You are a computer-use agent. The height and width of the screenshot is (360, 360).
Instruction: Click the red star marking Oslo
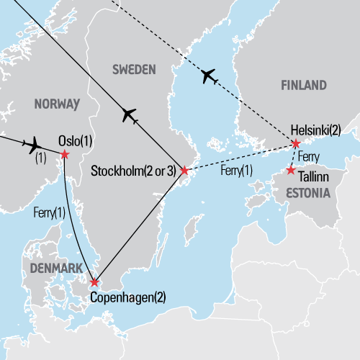coord(65,155)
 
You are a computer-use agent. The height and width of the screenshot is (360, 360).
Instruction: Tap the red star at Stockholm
coord(184,171)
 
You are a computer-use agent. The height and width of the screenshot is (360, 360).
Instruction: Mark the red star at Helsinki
coord(295,143)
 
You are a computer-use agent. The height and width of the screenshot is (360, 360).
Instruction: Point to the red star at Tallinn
coord(290,171)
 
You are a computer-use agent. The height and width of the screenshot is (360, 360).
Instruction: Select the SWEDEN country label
coord(134,69)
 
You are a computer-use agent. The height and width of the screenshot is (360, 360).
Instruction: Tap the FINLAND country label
coord(303,86)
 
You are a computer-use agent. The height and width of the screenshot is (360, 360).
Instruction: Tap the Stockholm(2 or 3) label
coord(135,172)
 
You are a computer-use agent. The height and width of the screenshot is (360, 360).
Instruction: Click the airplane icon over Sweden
coord(129,114)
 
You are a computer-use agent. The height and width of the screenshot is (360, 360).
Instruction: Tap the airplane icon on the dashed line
coord(209,75)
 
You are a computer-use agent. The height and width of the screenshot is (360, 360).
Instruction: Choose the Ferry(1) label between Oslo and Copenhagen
coord(48,212)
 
